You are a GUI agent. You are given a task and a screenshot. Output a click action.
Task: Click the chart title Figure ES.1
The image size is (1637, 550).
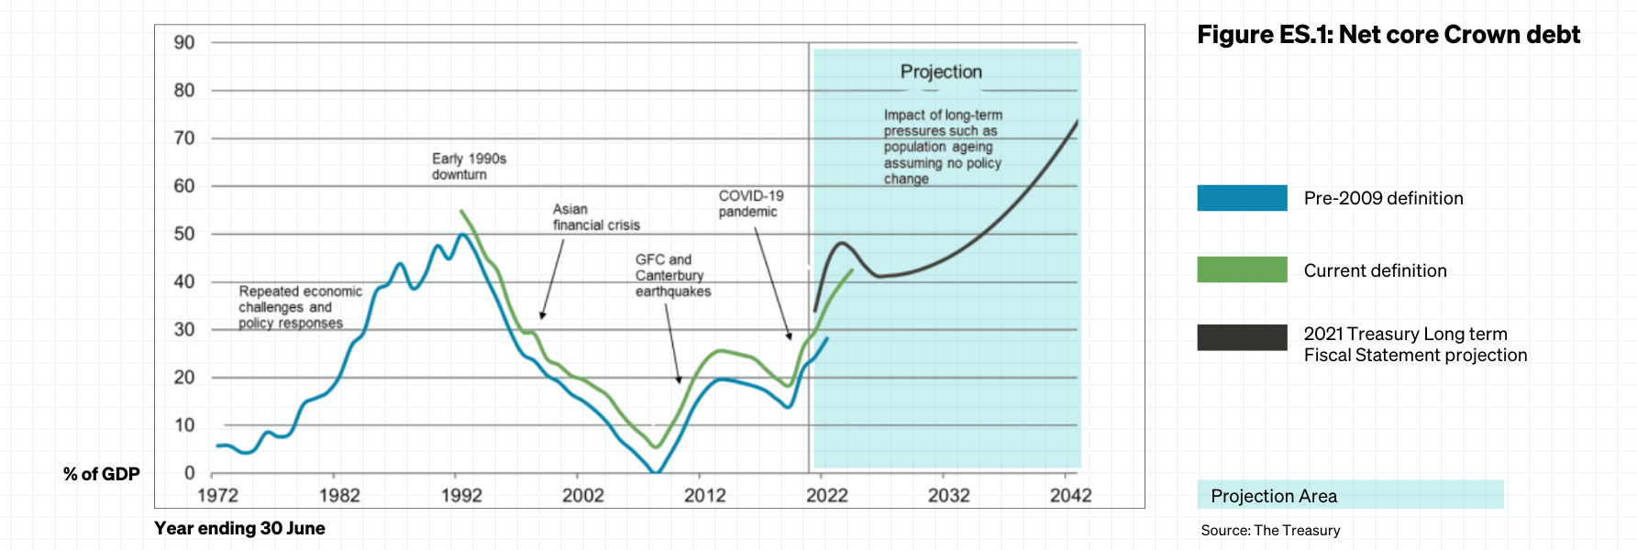pos(1388,35)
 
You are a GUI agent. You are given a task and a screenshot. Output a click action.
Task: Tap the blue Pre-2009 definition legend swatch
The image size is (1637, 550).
pos(1242,198)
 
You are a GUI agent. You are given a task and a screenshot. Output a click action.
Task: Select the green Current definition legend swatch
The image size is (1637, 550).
pos(1242,269)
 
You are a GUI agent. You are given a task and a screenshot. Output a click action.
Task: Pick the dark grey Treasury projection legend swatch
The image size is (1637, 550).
pos(1242,337)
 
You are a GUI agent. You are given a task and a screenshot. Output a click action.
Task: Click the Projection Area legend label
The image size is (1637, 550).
pos(1274,496)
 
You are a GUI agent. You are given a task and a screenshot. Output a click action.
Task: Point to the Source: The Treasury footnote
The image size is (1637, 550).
pos(1270,531)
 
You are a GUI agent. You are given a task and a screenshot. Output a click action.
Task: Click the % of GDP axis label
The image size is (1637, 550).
pos(102,474)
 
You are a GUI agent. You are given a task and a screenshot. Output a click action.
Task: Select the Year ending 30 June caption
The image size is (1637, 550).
pos(239,528)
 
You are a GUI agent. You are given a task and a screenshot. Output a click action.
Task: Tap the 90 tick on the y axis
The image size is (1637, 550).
pos(184,43)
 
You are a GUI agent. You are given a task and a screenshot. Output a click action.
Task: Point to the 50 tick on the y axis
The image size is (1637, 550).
pos(184,234)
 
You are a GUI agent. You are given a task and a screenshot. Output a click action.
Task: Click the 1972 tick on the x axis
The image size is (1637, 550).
pos(217,496)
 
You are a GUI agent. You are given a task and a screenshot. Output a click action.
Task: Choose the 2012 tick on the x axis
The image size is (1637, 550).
pos(704,496)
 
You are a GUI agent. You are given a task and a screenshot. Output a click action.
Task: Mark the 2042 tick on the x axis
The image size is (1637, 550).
pos(1070,496)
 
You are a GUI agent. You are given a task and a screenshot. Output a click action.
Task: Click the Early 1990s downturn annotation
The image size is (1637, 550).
pos(469,167)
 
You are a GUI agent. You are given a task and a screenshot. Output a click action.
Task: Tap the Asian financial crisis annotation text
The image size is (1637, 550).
pos(596,217)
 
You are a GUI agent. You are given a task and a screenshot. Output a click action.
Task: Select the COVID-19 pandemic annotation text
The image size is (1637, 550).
pos(750,203)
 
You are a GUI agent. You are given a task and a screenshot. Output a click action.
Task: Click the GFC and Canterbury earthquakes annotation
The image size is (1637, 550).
pos(672,276)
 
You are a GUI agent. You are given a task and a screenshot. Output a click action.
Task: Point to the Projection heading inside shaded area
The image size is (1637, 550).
pos(941,71)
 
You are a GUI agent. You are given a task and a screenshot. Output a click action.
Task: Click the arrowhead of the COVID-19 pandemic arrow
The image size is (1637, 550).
pos(789,337)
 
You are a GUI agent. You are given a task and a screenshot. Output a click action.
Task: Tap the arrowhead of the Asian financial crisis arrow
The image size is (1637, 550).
pos(542,316)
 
